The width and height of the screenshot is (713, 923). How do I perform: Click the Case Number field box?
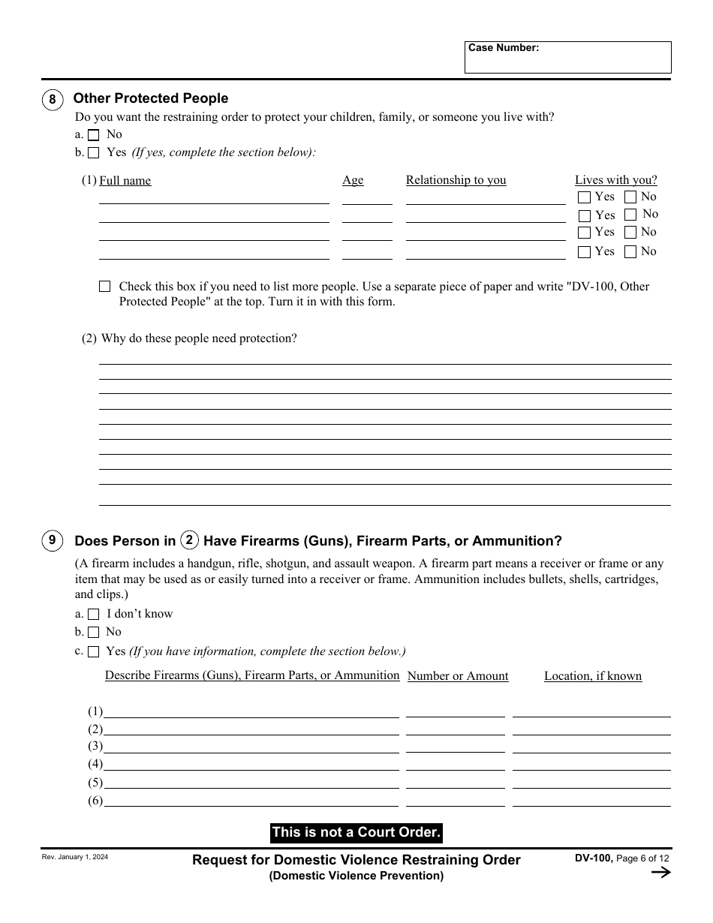[567, 58]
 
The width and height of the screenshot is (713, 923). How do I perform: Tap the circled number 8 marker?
[52, 100]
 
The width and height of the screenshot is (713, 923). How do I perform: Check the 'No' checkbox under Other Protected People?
[94, 135]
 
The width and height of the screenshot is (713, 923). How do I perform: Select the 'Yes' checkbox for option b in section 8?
[94, 153]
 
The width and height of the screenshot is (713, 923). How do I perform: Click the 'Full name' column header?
[125, 181]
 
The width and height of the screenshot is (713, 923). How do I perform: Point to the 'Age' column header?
[353, 180]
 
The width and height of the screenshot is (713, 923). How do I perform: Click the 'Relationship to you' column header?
[456, 180]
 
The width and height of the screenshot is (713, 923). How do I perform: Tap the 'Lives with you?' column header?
[615, 180]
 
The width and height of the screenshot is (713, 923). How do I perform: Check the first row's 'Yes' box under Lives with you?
[584, 197]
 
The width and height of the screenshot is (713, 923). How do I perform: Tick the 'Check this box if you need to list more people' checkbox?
[105, 287]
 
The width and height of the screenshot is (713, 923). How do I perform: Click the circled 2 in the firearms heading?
[190, 540]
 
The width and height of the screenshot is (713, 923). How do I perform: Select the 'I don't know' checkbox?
[94, 615]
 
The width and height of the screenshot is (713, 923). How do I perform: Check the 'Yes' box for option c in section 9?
[94, 652]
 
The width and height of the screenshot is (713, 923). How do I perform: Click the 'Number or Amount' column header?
[458, 676]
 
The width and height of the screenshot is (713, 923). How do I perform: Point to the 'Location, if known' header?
[593, 676]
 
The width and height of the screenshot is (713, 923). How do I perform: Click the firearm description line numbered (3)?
[251, 747]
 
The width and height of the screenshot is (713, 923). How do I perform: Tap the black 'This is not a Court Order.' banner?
[356, 832]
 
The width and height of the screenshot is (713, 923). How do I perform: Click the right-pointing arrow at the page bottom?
[660, 872]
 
